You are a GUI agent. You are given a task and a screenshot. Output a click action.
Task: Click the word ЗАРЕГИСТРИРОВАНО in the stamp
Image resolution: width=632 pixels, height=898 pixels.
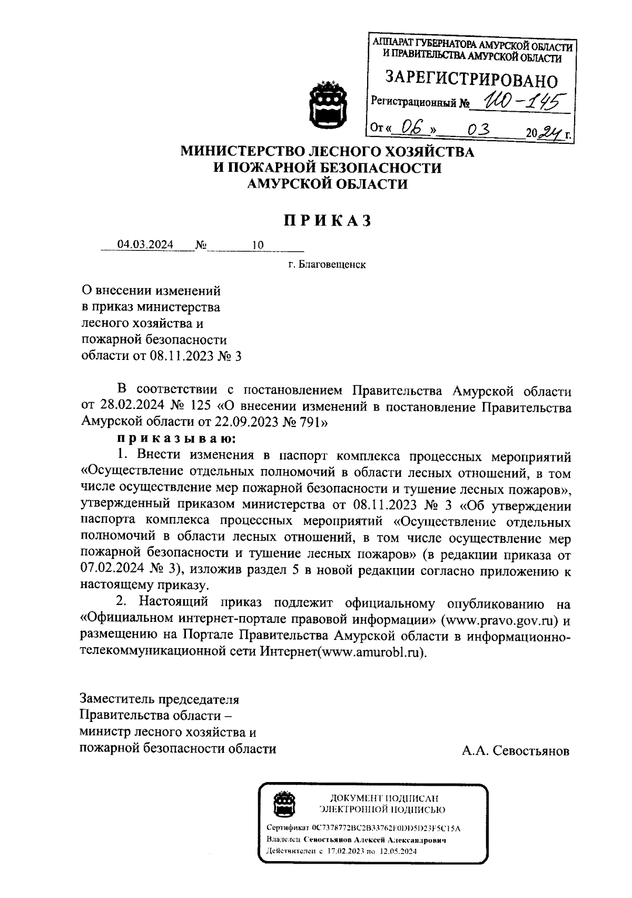pyautogui.click(x=471, y=80)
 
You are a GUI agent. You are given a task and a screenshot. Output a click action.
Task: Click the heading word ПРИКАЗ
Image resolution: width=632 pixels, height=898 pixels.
pyautogui.click(x=328, y=221)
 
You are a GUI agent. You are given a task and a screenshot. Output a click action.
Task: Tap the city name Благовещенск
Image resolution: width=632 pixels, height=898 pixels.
pyautogui.click(x=332, y=265)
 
